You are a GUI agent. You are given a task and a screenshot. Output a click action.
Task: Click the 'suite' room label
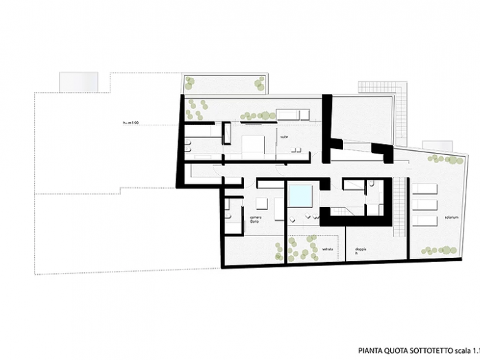pos(283,137)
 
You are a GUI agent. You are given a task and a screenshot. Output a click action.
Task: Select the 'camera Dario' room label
pos(237,217)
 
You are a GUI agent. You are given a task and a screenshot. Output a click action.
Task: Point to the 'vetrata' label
pos(327,248)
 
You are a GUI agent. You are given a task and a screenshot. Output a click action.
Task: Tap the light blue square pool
pos(300,195)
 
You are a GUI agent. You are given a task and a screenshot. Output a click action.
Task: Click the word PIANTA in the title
pos(371,349)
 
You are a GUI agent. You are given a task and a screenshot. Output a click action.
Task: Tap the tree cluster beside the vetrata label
pos(298,248)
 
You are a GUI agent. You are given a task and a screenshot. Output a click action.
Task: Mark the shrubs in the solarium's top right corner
pos(445,160)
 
